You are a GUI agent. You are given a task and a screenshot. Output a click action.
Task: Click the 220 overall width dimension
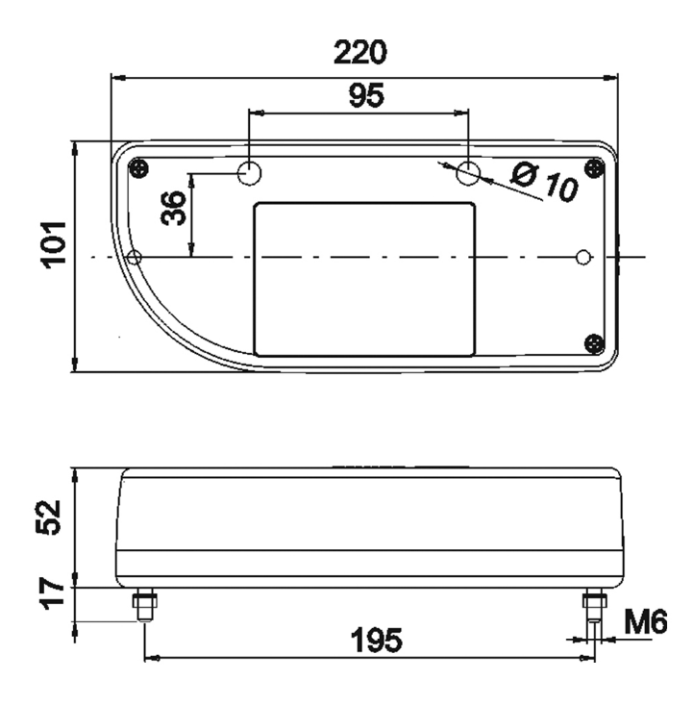pyautogui.click(x=360, y=52)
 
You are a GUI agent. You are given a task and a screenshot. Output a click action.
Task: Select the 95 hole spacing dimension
pyautogui.click(x=366, y=95)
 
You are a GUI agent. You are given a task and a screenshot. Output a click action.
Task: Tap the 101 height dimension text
pyautogui.click(x=54, y=245)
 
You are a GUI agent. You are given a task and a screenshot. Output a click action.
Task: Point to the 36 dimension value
pyautogui.click(x=173, y=208)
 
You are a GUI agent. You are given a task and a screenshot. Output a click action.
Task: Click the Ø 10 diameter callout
pyautogui.click(x=544, y=182)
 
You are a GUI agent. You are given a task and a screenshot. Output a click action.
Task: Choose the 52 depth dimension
pyautogui.click(x=48, y=517)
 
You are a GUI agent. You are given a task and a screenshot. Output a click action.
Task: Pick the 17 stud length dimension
pyautogui.click(x=54, y=594)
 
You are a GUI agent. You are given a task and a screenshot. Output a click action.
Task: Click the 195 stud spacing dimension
pyautogui.click(x=376, y=640)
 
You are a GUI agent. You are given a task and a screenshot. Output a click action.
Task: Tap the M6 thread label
pyautogui.click(x=646, y=622)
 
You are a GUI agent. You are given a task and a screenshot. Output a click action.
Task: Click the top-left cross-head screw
pyautogui.click(x=138, y=169)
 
